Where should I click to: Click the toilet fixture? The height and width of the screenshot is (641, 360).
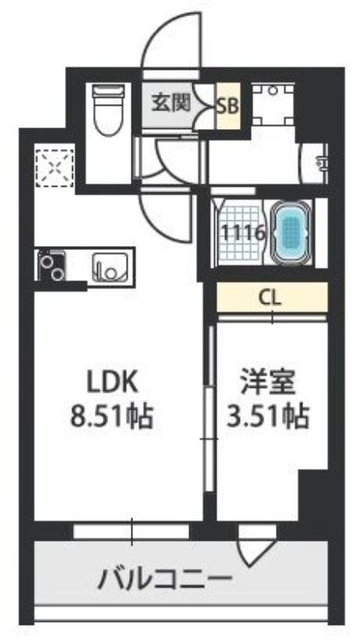[108, 109]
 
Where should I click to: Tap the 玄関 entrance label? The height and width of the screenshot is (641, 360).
[172, 103]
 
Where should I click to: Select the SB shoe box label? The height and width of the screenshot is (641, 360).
[228, 106]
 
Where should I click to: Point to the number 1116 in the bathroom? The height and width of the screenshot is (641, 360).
[243, 233]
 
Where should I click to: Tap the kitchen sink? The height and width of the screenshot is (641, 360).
[109, 267]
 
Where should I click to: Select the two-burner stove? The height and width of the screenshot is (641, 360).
[51, 265]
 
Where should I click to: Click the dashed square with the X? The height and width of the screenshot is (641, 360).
[55, 168]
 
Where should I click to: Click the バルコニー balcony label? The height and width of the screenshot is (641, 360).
[165, 579]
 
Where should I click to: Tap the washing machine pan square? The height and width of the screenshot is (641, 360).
[273, 105]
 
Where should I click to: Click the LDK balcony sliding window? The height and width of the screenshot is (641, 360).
[131, 531]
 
